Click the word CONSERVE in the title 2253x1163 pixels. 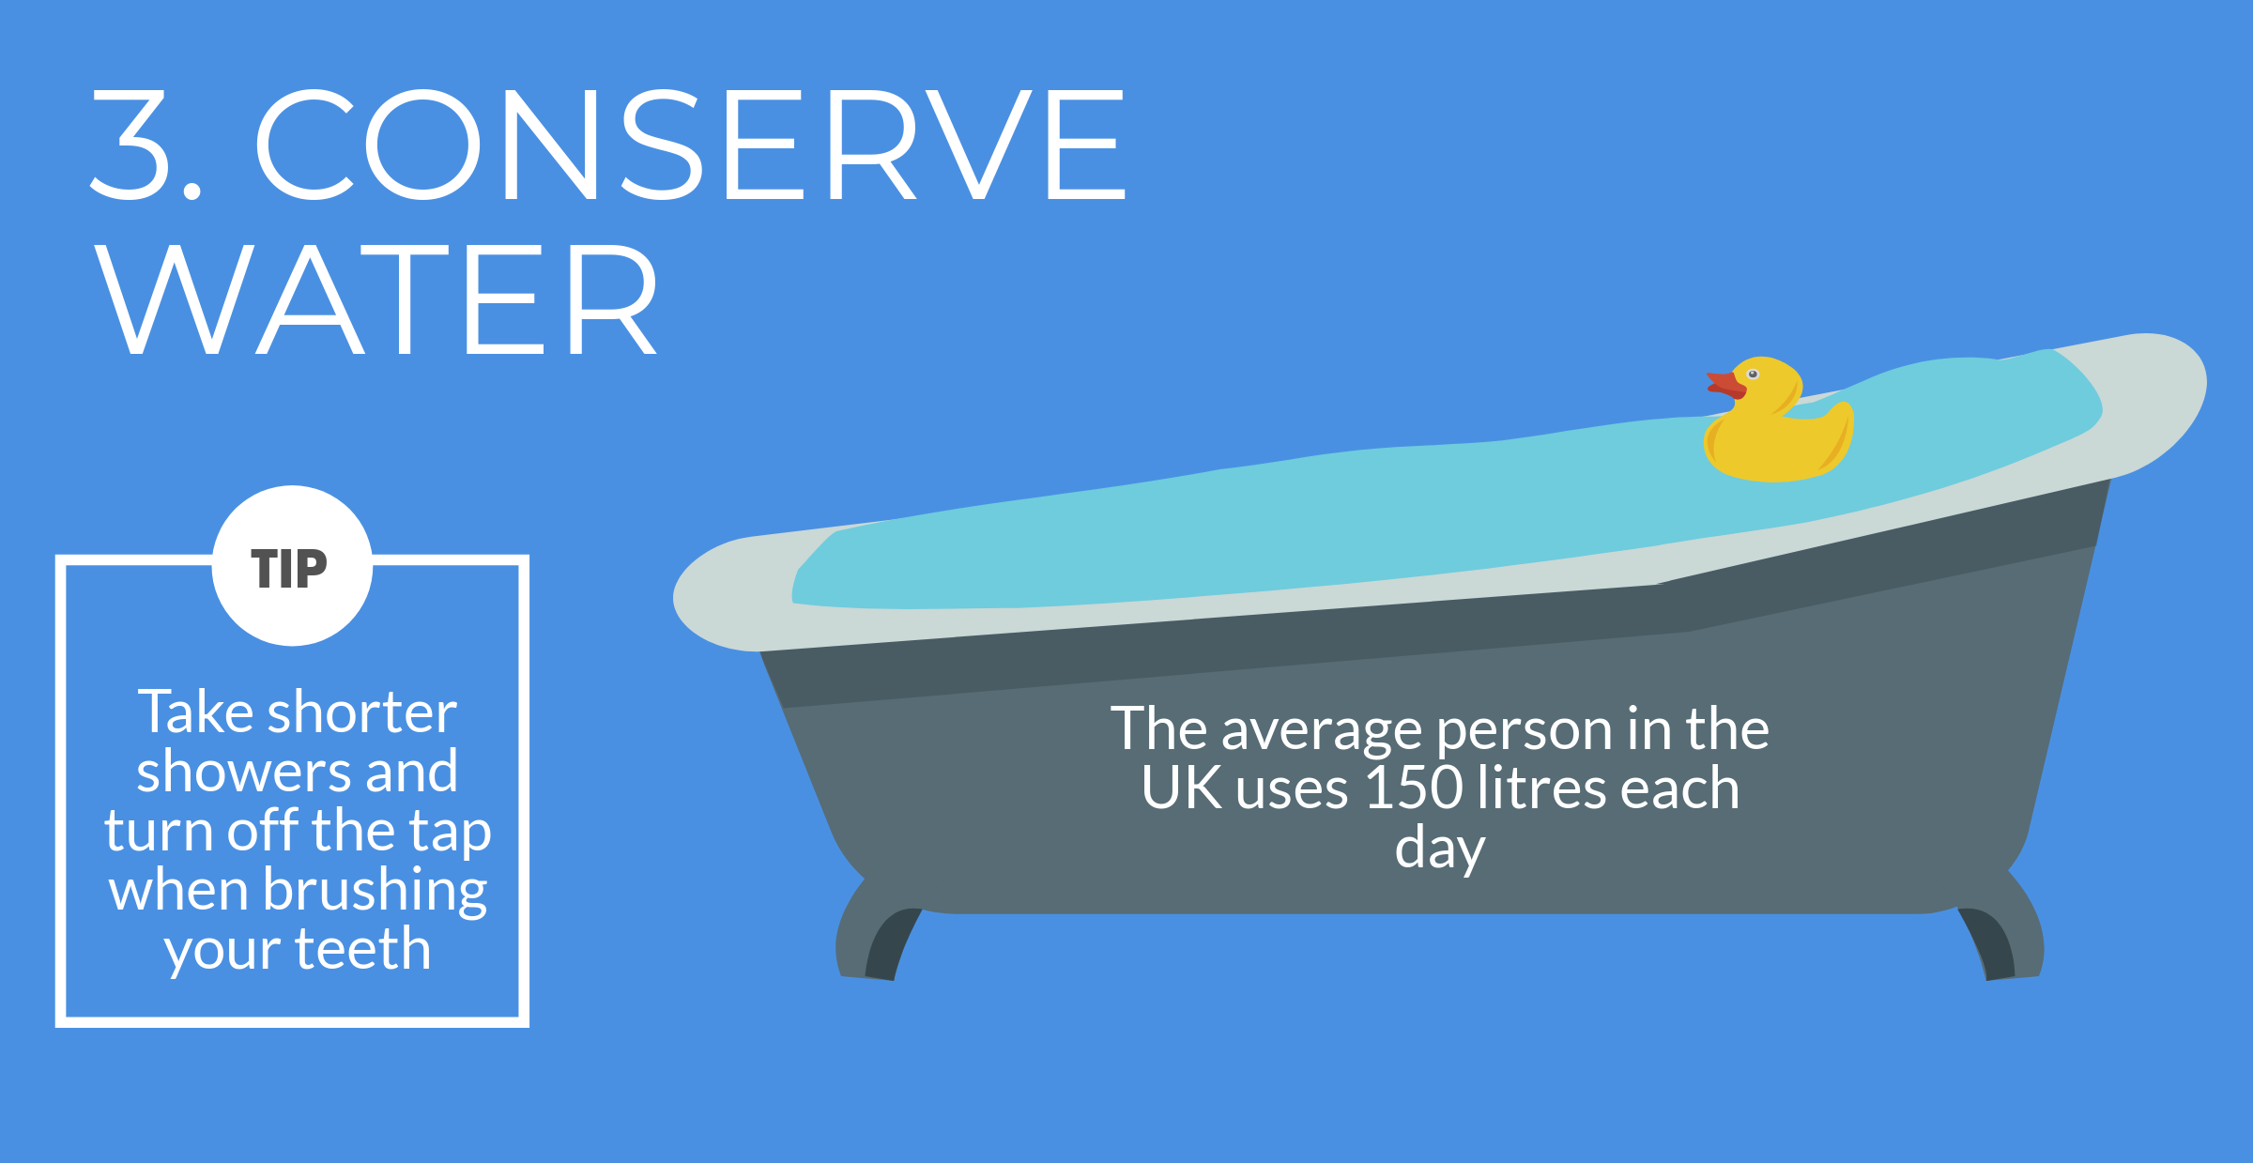[691, 145]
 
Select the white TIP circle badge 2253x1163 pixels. [292, 566]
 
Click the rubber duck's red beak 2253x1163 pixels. [1725, 385]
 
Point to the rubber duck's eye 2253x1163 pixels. [1753, 375]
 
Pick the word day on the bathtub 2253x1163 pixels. [1440, 849]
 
